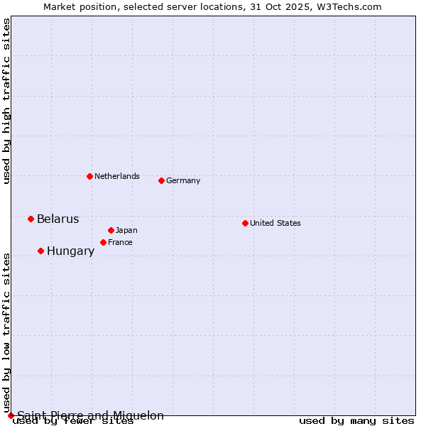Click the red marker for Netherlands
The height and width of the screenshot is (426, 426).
tap(89, 176)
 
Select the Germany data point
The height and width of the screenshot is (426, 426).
tap(161, 180)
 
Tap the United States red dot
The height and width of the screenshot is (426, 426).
tap(245, 223)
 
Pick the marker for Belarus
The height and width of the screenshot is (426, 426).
tap(31, 219)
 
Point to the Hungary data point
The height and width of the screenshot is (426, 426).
tap(40, 251)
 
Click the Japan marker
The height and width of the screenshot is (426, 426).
tap(111, 230)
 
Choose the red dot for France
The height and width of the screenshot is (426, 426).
tap(103, 242)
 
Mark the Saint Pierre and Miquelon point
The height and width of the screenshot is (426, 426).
tap(11, 415)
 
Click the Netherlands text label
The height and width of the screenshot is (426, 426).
tap(117, 176)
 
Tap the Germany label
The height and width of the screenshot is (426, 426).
tap(183, 180)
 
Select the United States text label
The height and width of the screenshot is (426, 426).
tap(275, 223)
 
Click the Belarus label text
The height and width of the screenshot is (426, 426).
tap(58, 219)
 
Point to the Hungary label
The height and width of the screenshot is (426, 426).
tap(70, 251)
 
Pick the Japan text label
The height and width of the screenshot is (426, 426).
tap(126, 230)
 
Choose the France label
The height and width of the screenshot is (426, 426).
tap(120, 242)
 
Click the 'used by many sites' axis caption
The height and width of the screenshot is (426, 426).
tap(356, 420)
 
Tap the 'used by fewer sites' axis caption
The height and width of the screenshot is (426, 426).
tap(73, 420)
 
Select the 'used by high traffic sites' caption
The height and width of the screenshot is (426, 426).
tap(7, 101)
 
